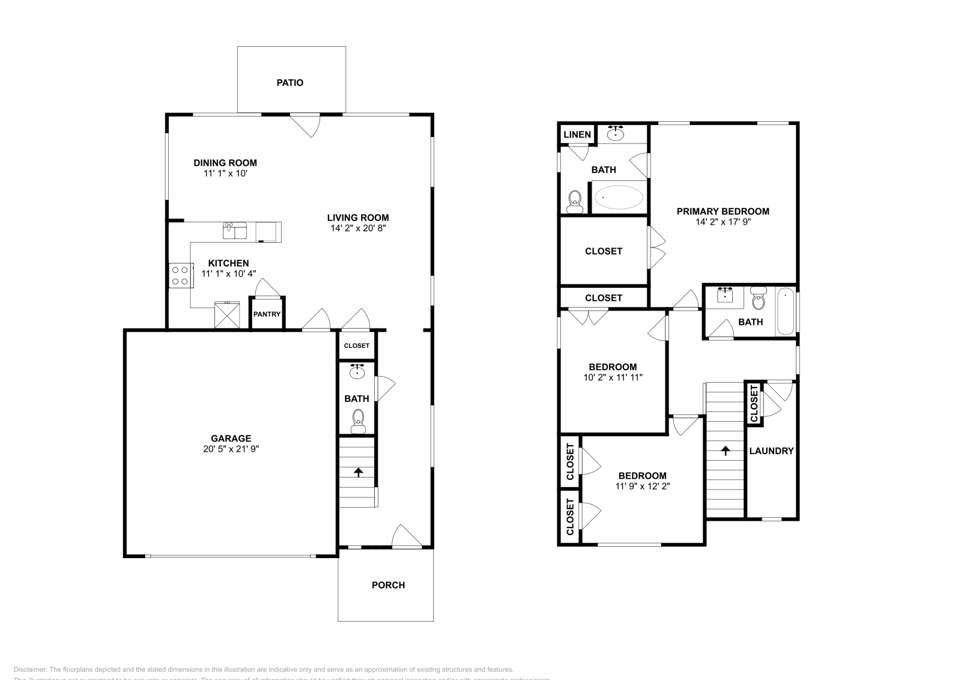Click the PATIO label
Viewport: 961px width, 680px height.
click(x=290, y=83)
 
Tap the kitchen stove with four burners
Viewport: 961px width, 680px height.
click(x=180, y=275)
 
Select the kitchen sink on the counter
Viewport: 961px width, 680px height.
click(x=235, y=231)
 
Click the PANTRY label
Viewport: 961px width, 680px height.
click(x=267, y=314)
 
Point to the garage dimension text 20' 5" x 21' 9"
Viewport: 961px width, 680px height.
click(x=231, y=449)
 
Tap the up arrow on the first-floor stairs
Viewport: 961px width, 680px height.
click(x=359, y=472)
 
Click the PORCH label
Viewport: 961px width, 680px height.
click(x=388, y=585)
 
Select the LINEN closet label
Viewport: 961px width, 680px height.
click(x=577, y=135)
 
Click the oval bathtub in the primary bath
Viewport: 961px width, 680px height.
click(x=618, y=197)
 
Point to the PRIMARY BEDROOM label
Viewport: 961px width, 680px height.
click(x=723, y=211)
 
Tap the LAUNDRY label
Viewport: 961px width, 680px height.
click(x=771, y=451)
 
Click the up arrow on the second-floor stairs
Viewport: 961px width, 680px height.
click(x=726, y=450)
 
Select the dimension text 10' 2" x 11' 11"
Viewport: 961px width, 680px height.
click(x=613, y=378)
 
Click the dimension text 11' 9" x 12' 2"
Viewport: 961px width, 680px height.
click(x=643, y=487)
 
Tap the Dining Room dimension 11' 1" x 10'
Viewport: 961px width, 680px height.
click(x=225, y=174)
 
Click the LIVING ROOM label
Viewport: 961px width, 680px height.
click(x=358, y=218)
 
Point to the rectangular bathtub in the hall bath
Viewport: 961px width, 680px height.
click(x=785, y=312)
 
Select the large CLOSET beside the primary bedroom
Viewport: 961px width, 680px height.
click(x=604, y=251)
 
